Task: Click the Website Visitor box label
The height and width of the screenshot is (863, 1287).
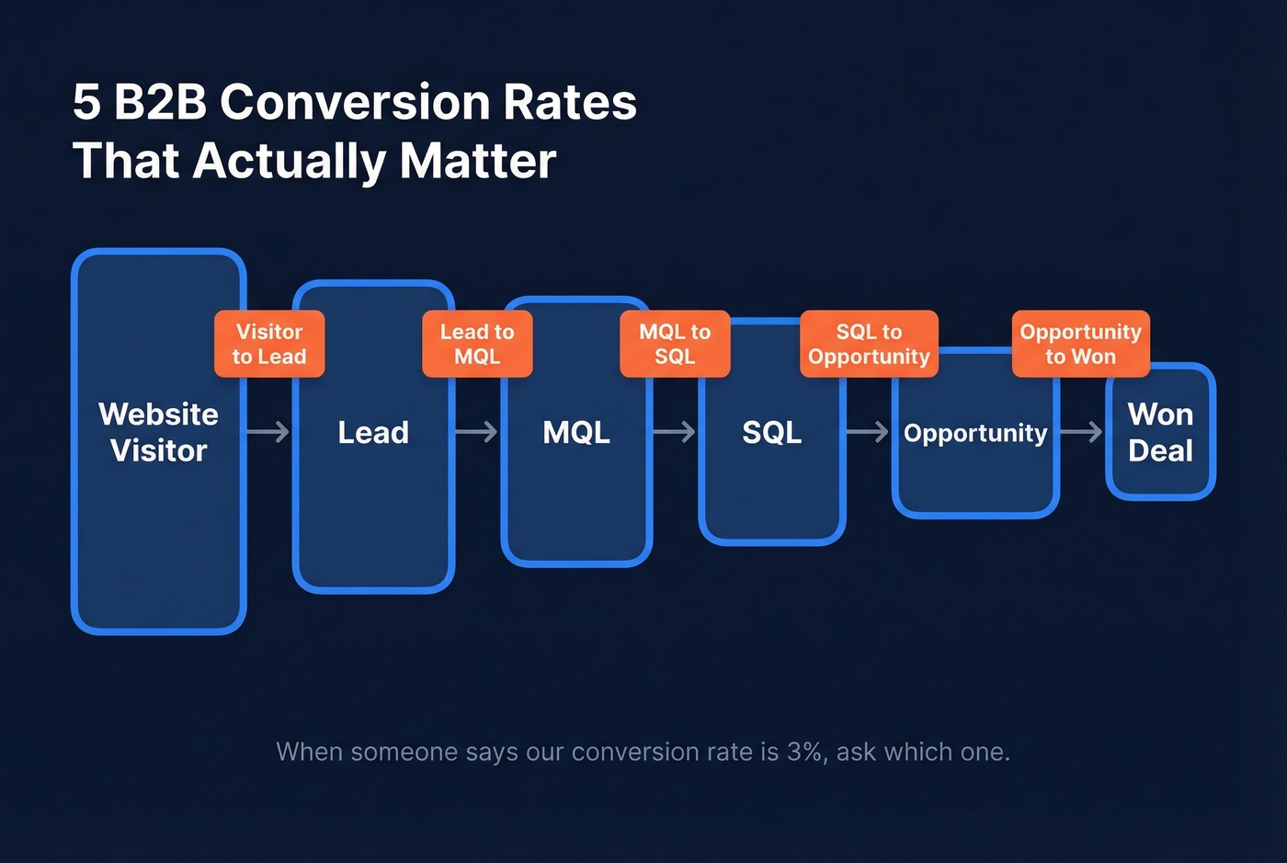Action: click(158, 432)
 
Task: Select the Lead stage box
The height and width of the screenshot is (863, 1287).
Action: click(373, 478)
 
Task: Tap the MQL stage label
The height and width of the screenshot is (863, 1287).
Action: click(576, 432)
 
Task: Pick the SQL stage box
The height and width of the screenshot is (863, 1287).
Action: click(772, 478)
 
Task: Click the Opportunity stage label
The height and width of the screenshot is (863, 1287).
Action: click(975, 433)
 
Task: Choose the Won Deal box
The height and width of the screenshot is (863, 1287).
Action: click(1160, 432)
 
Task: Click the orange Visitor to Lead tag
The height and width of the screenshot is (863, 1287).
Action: click(269, 344)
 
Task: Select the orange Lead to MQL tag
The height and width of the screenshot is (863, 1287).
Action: click(477, 344)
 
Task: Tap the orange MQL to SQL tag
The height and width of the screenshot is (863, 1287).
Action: click(675, 344)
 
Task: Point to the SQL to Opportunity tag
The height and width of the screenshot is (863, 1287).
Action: click(869, 344)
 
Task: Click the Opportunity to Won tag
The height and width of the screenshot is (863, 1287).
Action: click(1080, 344)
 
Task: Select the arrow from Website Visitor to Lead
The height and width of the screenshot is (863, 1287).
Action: click(268, 432)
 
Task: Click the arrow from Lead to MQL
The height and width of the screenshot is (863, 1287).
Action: click(477, 432)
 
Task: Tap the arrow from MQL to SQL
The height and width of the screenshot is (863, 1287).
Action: click(675, 432)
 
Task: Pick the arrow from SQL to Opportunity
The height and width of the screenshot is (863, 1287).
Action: click(868, 432)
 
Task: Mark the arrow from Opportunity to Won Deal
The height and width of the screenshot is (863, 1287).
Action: click(1081, 432)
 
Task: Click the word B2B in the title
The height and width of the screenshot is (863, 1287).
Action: click(161, 101)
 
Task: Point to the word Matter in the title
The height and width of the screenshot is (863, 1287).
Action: click(478, 161)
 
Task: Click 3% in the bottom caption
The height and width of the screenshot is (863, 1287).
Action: click(804, 752)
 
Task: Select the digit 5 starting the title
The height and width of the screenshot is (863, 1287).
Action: click(86, 101)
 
